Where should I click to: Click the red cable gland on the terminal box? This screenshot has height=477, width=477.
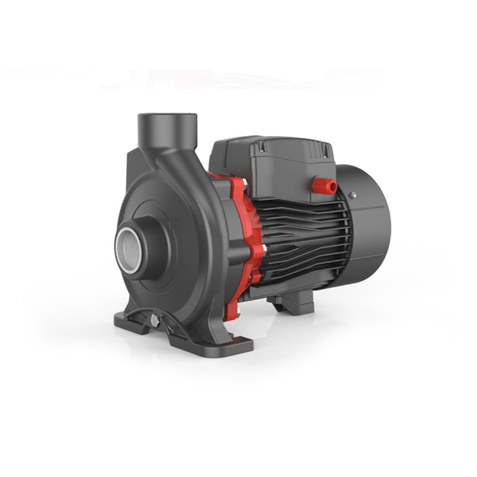(x=324, y=185)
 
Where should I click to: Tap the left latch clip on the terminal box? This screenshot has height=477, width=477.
(x=262, y=146)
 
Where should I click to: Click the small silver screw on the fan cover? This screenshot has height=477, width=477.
(x=352, y=194)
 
